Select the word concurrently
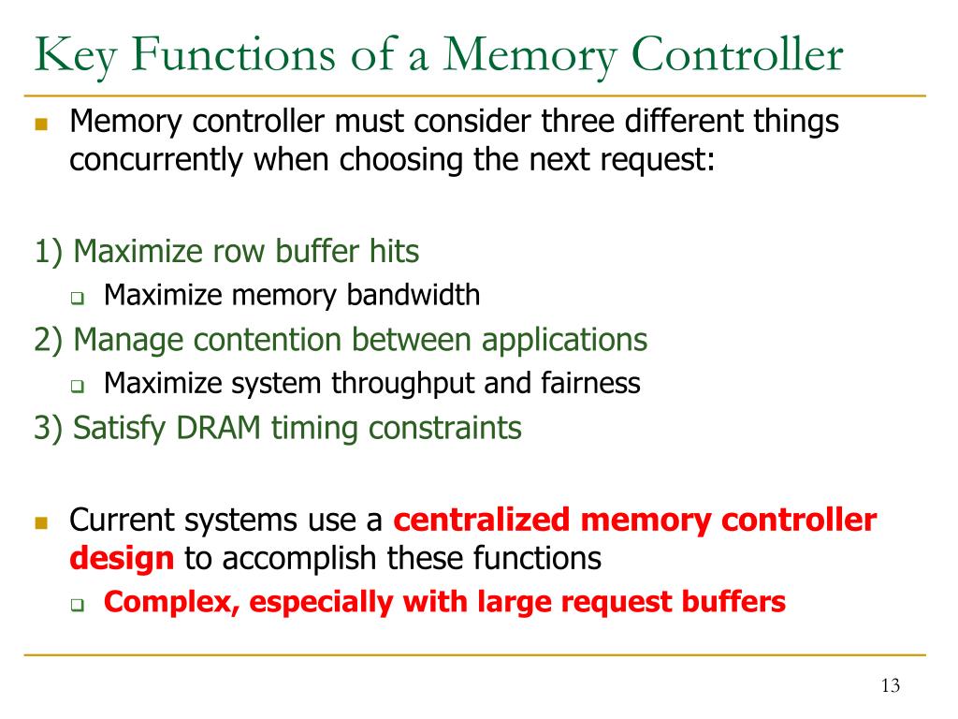click(153, 160)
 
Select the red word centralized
click(483, 520)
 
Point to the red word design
click(122, 559)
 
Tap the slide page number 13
click(890, 686)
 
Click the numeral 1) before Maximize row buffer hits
click(50, 252)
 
